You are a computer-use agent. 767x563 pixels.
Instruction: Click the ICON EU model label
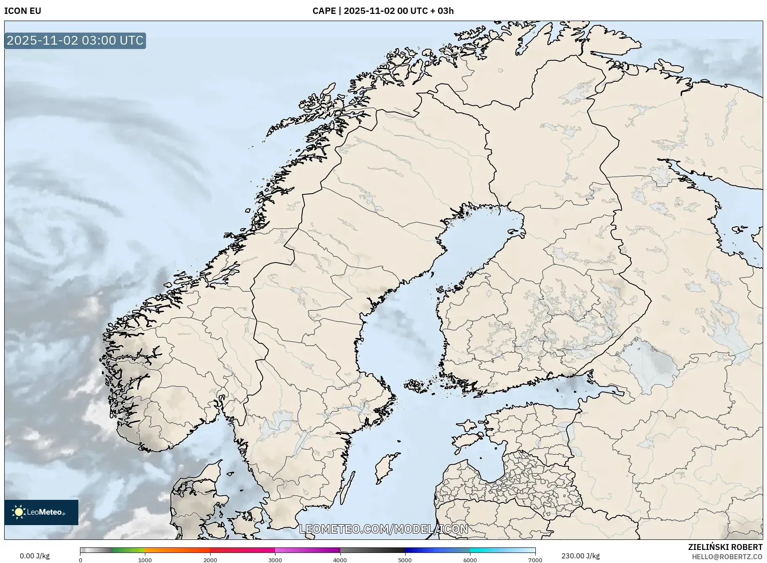[x=23, y=11]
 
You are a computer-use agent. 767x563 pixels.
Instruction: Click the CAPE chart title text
[x=383, y=11]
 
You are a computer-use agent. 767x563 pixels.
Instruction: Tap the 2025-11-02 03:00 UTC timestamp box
[x=75, y=40]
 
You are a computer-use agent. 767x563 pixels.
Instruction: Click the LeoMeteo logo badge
[x=41, y=512]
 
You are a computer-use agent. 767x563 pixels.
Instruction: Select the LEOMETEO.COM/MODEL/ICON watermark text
[x=383, y=529]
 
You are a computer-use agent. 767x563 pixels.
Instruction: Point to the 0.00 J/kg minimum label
[x=35, y=556]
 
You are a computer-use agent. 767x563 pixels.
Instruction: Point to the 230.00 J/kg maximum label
[x=580, y=556]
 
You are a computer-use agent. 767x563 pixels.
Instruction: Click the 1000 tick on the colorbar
[x=145, y=560]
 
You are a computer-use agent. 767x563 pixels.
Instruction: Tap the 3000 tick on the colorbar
[x=275, y=560]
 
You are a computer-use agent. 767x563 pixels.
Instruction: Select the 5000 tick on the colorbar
[x=405, y=560]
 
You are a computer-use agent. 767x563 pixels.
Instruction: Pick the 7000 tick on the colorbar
[x=535, y=560]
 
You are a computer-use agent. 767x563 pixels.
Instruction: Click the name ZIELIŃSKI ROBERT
[x=725, y=547]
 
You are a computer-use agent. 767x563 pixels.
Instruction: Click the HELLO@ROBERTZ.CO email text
[x=727, y=557]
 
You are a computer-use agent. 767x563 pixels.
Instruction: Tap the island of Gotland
[x=386, y=467]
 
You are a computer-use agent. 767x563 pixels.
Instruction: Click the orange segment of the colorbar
[x=177, y=550]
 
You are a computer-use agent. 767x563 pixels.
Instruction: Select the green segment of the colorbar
[x=128, y=550]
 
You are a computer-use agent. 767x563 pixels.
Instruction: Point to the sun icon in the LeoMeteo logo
[x=19, y=512]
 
